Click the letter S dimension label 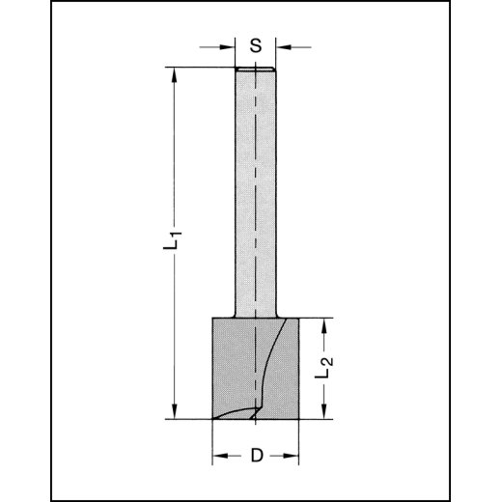(x=256, y=44)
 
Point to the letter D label (x=256, y=456)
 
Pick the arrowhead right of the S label (x=283, y=44)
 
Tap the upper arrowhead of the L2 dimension (x=326, y=324)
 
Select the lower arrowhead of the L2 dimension (x=326, y=412)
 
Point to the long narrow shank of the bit (x=256, y=193)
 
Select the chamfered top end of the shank (x=256, y=70)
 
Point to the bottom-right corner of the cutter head (x=300, y=418)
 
